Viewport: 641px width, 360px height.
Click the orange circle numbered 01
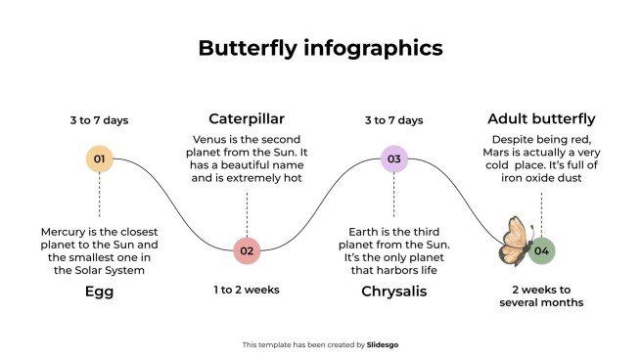click(x=99, y=158)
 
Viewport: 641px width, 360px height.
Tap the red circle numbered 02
click(x=247, y=250)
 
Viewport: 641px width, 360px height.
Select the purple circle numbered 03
click(x=394, y=158)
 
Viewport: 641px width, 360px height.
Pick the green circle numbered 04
click(x=542, y=250)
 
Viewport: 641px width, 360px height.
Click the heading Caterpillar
click(x=247, y=118)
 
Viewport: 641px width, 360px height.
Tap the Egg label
click(x=99, y=292)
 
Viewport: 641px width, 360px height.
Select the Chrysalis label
click(x=394, y=292)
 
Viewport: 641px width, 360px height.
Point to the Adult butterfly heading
click(x=541, y=118)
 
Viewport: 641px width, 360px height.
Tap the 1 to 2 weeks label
click(x=247, y=290)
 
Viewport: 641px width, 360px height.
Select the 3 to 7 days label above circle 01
click(x=99, y=120)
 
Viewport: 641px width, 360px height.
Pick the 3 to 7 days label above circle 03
click(x=394, y=120)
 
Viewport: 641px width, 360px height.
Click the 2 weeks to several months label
click(x=541, y=295)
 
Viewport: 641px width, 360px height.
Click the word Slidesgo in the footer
click(x=382, y=344)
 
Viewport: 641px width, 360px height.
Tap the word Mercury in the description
click(x=66, y=232)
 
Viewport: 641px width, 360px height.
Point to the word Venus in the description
click(x=212, y=140)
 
